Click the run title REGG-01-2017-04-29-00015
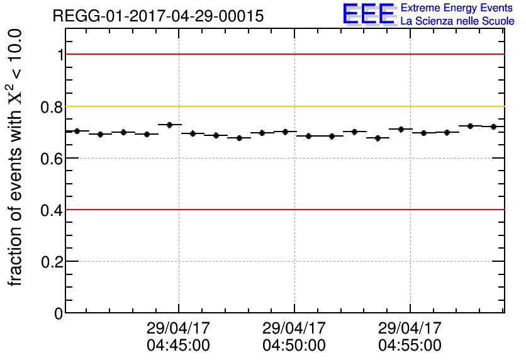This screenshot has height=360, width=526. tap(158, 16)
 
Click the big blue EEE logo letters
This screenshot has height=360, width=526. tap(369, 14)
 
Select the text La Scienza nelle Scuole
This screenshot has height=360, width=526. tap(457, 21)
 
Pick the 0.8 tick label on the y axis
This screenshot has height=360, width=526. tap(52, 106)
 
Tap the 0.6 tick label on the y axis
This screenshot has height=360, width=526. tap(52, 158)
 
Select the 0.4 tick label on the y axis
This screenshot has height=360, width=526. tap(52, 210)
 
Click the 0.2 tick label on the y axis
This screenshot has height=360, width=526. tap(52, 261)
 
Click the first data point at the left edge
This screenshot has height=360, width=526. tap(77, 131)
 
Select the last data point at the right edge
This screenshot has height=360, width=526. tap(493, 127)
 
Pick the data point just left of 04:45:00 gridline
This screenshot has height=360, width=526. tap(169, 125)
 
